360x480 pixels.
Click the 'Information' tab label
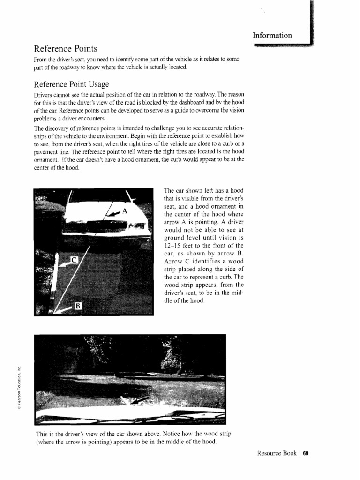[272, 36]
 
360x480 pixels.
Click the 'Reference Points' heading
[65, 49]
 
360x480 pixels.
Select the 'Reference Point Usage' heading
[71, 84]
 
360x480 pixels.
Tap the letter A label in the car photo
[125, 210]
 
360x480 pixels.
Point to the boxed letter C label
[73, 259]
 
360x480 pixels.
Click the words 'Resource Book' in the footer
[277, 453]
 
